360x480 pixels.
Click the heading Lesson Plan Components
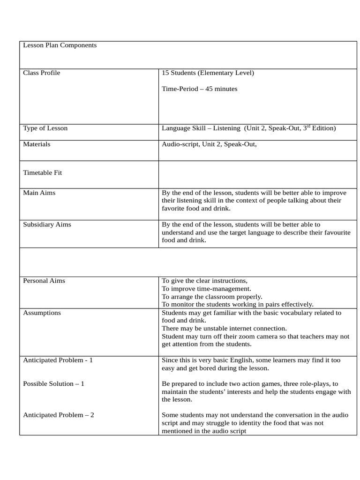(x=60, y=45)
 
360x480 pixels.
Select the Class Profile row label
(x=42, y=73)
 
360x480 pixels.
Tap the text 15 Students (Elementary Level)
(x=208, y=73)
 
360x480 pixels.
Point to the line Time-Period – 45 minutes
(x=199, y=89)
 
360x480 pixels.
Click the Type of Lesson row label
(x=45, y=128)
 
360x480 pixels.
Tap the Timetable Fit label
(x=43, y=173)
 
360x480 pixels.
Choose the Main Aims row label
(x=39, y=193)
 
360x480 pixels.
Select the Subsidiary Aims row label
(x=47, y=225)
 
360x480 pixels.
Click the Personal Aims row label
(x=44, y=281)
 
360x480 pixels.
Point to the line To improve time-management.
(x=206, y=289)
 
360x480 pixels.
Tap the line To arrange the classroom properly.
(x=212, y=297)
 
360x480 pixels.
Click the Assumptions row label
(x=42, y=313)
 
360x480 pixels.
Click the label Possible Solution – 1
(x=53, y=384)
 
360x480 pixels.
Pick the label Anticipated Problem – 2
(x=59, y=415)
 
